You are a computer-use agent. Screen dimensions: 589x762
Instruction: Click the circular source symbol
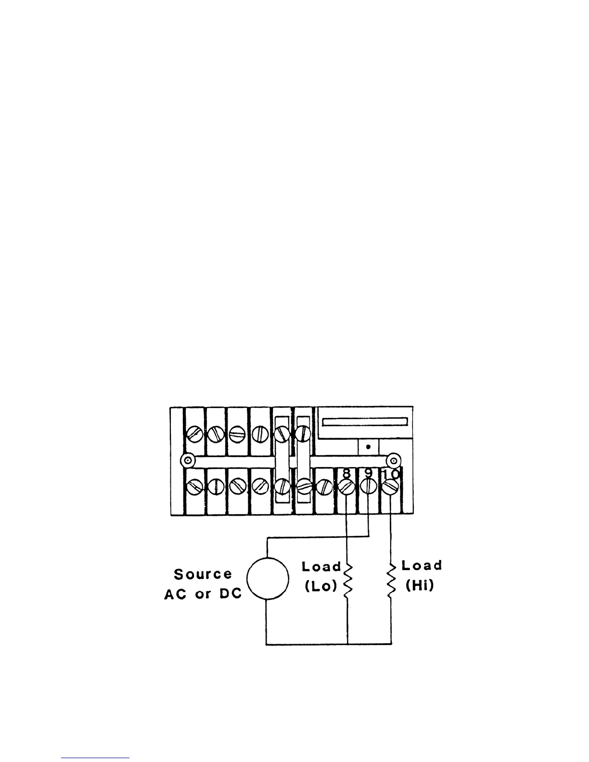[x=268, y=579]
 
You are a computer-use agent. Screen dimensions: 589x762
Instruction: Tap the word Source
[x=203, y=574]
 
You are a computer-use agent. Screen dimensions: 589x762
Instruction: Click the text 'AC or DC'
[x=203, y=594]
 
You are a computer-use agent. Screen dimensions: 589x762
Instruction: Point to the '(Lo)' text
[x=320, y=587]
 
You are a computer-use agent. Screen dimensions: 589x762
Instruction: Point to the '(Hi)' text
[x=420, y=586]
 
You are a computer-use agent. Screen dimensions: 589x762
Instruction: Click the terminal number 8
[x=346, y=473]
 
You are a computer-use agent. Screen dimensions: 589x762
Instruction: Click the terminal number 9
[x=368, y=473]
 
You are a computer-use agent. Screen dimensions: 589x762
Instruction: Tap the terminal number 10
[x=390, y=474]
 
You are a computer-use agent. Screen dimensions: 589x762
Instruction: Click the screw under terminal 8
[x=346, y=487]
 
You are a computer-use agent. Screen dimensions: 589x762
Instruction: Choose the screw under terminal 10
[x=390, y=488]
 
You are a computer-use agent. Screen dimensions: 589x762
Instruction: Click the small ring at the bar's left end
[x=188, y=461]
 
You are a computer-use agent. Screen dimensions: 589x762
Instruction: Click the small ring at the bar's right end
[x=394, y=461]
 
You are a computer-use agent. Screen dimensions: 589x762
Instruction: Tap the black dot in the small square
[x=368, y=446]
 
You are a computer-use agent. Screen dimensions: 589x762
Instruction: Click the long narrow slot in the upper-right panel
[x=365, y=422]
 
